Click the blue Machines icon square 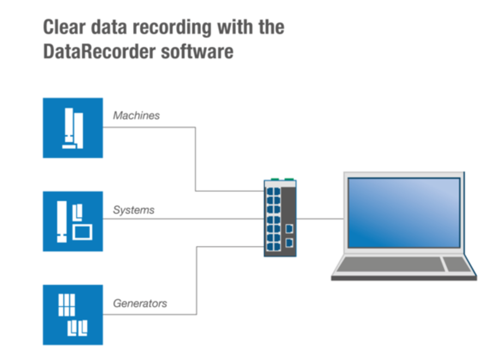point(73,128)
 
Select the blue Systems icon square point(73,221)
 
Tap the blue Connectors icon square point(73,314)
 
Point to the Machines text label point(136,116)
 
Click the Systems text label point(134,209)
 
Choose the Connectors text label point(140,303)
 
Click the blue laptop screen point(404,213)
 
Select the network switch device point(280,218)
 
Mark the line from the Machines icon point(196,158)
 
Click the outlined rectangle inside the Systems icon point(83,231)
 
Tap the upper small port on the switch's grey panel point(289,228)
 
